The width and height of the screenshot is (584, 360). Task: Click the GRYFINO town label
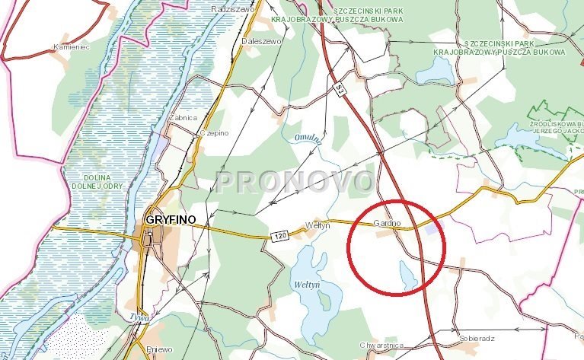(167, 219)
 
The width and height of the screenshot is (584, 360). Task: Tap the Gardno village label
(386, 224)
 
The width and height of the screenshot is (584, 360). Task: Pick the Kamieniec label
(72, 47)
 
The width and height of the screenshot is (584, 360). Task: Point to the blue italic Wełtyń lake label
(308, 284)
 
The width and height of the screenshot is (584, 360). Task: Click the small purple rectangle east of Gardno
(431, 228)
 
